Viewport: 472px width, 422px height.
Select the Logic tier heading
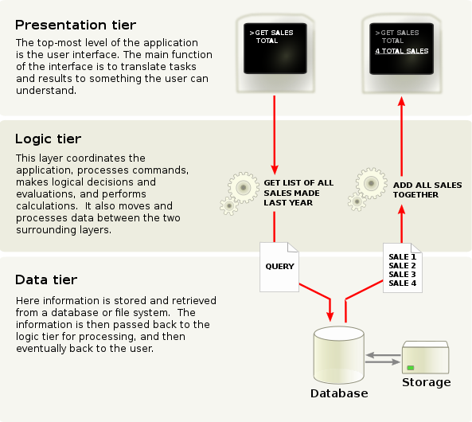[47, 139]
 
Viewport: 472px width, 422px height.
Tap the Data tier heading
[45, 280]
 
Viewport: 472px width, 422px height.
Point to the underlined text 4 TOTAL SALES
[402, 50]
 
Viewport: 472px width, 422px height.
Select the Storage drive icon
[425, 358]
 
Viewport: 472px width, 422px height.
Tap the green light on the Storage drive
[412, 367]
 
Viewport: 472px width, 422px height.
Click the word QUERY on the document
[279, 266]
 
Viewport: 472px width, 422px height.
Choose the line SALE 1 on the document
[402, 257]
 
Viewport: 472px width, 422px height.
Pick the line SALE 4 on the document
[402, 283]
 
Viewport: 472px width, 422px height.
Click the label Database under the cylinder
[339, 393]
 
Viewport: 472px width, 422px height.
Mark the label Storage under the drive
[425, 382]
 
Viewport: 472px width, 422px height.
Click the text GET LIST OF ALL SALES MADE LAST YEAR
[298, 193]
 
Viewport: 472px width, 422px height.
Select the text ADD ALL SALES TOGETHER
[427, 190]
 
